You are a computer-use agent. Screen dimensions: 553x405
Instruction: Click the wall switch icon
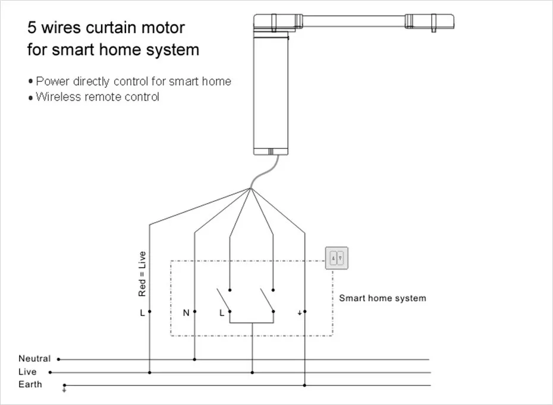pos(336,258)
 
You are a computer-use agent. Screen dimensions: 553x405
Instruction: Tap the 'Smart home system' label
pos(382,298)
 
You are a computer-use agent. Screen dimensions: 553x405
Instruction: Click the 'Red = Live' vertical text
pos(142,274)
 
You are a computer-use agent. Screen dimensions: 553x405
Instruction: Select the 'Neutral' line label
pos(34,359)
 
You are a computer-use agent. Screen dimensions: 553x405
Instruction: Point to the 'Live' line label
pos(27,372)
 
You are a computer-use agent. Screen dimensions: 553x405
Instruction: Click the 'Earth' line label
pos(30,384)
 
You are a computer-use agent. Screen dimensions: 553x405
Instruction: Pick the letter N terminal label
pos(186,312)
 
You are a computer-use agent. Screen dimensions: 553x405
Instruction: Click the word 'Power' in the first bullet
pos(53,81)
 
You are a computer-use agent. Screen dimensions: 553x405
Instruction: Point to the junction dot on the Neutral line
pos(195,359)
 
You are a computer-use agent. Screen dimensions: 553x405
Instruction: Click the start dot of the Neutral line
pos(58,359)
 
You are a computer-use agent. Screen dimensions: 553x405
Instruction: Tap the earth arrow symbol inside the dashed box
pos(298,312)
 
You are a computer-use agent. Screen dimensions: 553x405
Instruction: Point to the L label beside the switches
pos(222,312)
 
